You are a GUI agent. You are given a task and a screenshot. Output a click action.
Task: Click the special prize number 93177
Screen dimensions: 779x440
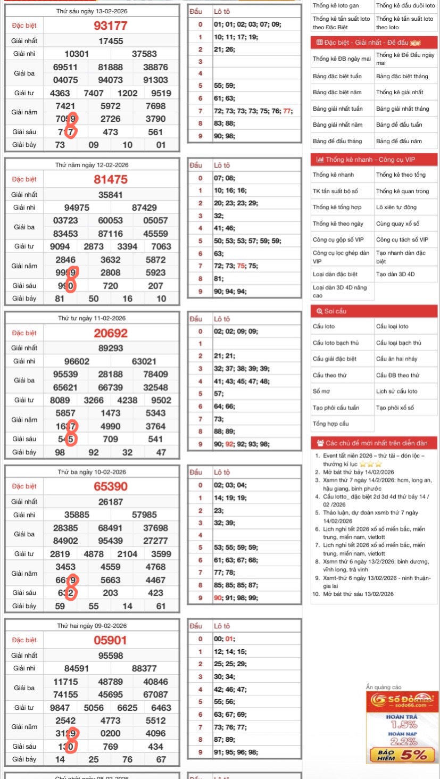tap(111, 26)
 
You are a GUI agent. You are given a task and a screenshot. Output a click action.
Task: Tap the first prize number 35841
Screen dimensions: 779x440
tap(111, 195)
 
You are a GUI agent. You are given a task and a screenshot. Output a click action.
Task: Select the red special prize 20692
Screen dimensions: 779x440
tap(111, 333)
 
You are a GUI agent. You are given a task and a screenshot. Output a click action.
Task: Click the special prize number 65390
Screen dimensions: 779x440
tap(111, 486)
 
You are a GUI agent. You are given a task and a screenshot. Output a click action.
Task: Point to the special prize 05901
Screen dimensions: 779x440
tap(111, 640)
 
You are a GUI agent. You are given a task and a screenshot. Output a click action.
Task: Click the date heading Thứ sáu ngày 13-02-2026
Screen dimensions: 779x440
tap(92, 11)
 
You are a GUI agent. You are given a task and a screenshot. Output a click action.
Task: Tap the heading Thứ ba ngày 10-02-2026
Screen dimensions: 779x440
tap(92, 472)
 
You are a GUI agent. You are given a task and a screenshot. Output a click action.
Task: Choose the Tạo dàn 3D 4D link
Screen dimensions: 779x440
tap(395, 275)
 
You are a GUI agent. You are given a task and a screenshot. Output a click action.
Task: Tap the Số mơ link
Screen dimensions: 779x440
tap(320, 392)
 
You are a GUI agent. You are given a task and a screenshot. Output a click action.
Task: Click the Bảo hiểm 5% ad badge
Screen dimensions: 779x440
tap(403, 754)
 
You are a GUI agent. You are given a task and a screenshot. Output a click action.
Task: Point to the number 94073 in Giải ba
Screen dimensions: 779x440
tap(111, 80)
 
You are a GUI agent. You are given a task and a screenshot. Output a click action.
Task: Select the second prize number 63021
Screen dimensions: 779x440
tap(144, 361)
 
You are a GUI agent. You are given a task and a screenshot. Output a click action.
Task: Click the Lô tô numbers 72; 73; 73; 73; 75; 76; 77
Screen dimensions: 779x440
tap(253, 111)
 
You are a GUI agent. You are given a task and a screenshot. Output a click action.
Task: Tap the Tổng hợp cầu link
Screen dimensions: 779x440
tap(331, 424)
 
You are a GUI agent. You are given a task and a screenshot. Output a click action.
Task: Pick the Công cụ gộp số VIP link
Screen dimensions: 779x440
tap(338, 240)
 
